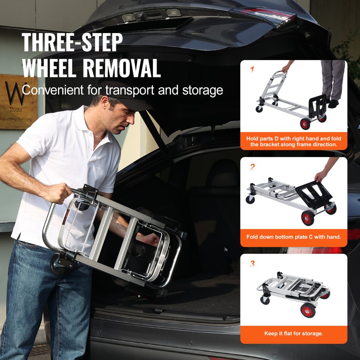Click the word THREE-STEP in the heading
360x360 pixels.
[x=72, y=42]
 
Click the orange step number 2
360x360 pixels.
[x=252, y=166]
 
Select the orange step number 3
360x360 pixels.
[x=252, y=264]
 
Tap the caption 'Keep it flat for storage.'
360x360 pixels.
[x=293, y=333]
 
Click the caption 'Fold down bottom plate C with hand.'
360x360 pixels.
[x=293, y=237]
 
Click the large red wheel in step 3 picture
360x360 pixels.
[x=308, y=310]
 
